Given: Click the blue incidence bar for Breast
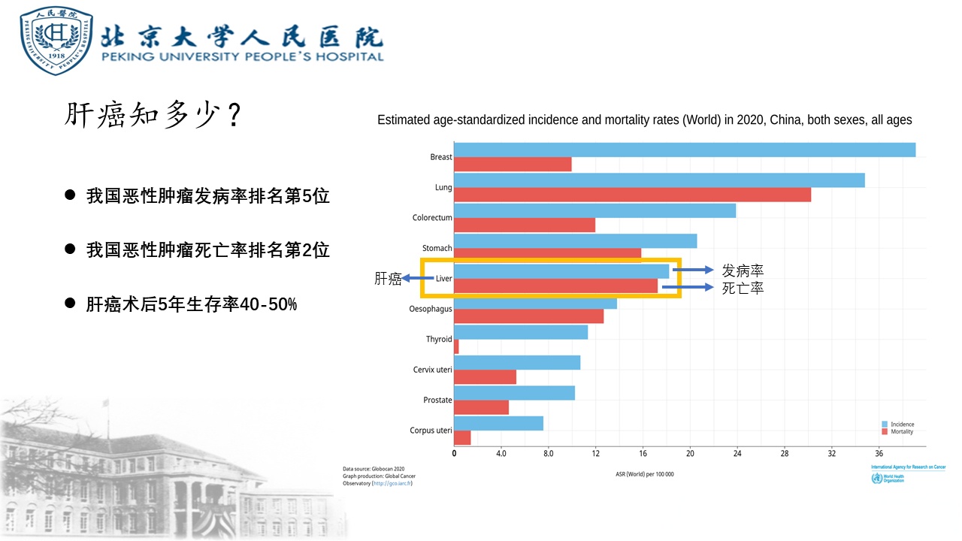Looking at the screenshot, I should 684,150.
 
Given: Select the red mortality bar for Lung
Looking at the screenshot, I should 632,195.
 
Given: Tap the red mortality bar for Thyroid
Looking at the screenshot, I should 456,346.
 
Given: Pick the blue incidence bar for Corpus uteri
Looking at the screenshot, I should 498,423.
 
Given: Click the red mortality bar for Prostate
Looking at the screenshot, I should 481,407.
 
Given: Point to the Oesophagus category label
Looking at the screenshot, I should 431,309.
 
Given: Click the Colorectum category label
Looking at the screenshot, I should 432,218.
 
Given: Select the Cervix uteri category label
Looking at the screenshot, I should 432,370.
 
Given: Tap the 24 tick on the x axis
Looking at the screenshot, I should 737,453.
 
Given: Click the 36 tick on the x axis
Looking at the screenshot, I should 879,453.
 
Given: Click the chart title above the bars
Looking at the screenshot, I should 644,120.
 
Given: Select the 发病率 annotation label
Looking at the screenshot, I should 743,270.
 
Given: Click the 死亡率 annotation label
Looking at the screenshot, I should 743,288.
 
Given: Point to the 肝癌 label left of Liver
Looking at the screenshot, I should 388,279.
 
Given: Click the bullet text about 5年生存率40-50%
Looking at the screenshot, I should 192,304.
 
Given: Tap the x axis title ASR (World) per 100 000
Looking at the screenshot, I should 645,474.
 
